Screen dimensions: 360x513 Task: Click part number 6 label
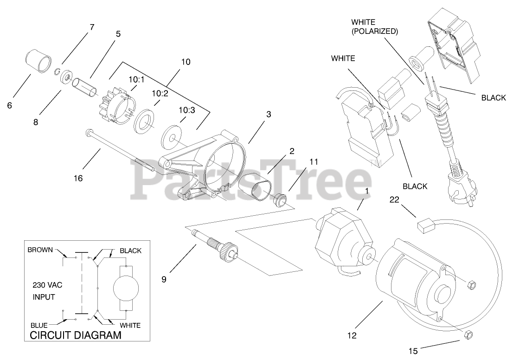pyautogui.click(x=10, y=105)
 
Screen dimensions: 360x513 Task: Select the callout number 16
pyautogui.click(x=78, y=178)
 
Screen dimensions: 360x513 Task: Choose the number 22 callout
pyautogui.click(x=395, y=199)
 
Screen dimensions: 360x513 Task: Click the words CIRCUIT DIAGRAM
pyautogui.click(x=76, y=335)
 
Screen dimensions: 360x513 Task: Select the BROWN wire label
pyautogui.click(x=41, y=250)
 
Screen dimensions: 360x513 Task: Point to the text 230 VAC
pyautogui.click(x=47, y=285)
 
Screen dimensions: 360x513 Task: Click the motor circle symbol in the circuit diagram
pyautogui.click(x=127, y=288)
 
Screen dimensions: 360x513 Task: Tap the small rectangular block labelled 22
pyautogui.click(x=425, y=226)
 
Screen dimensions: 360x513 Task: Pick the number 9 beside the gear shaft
pyautogui.click(x=163, y=280)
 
